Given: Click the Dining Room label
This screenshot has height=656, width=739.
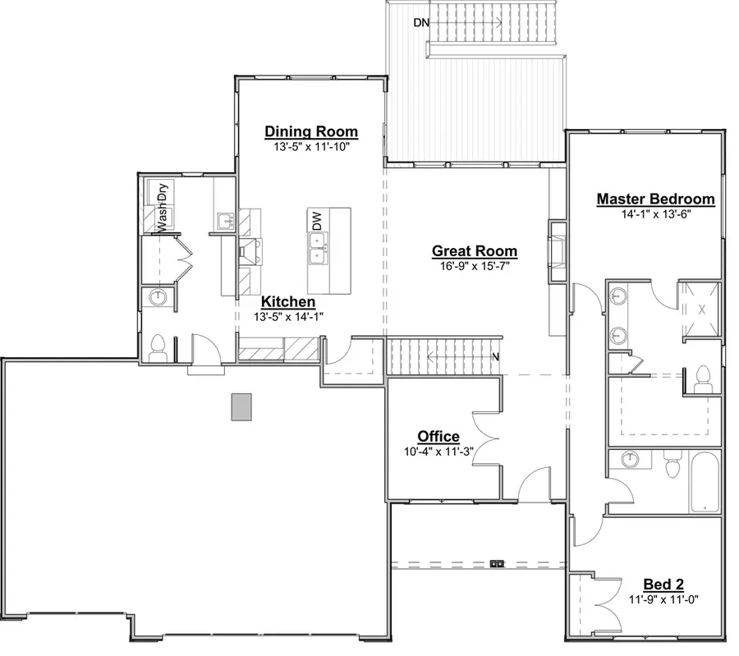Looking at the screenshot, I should point(311,131).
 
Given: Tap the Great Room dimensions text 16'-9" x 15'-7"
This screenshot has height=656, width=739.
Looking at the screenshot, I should point(475,266).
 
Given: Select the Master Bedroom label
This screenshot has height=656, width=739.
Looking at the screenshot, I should point(655,199).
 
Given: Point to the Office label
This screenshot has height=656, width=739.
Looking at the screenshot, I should point(438,436).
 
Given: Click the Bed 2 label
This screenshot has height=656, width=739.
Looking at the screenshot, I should point(663,584).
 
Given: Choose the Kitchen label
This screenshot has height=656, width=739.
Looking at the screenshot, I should point(287,302).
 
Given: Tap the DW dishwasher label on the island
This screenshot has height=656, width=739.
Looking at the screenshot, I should point(317,220).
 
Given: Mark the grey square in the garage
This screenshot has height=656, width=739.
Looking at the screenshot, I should point(241,406).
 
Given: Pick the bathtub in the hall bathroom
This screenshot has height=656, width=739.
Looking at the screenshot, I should point(705,480).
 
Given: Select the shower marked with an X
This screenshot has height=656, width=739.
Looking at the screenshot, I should point(700,310).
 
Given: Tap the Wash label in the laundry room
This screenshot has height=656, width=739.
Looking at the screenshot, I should point(163,218).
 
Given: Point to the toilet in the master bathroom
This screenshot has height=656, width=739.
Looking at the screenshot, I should point(702,379).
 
